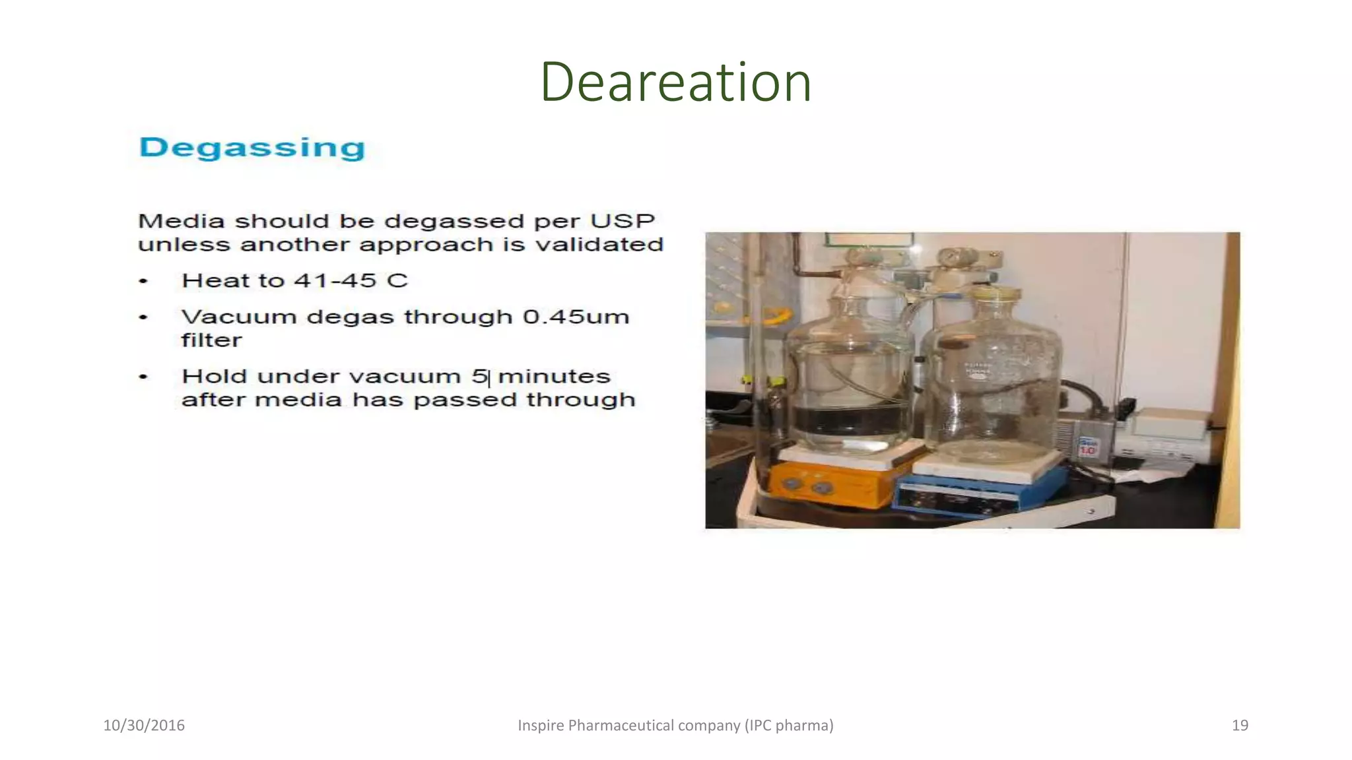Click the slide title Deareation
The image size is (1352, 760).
coord(675,82)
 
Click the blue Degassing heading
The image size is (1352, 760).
coord(252,148)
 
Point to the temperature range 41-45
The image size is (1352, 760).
coord(335,280)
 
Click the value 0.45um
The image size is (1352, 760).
coord(576,317)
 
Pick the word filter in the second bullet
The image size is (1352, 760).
coord(211,340)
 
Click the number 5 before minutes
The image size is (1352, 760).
coord(479,376)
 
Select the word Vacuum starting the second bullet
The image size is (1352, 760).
coord(239,317)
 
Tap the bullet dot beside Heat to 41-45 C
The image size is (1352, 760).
coord(143,281)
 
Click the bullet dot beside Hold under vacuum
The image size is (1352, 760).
coord(143,377)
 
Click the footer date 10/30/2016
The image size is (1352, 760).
coord(144,725)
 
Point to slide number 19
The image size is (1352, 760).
coord(1240,725)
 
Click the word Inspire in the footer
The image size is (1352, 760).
coord(541,725)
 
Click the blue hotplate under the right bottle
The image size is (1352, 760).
coord(977,491)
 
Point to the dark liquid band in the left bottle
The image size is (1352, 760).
coord(850,419)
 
